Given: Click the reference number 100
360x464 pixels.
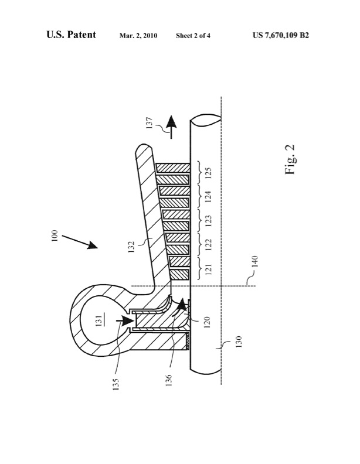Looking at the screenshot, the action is [x=55, y=236].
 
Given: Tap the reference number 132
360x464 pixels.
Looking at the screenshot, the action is [x=131, y=247].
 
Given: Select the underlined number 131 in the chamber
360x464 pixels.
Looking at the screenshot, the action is [x=99, y=320].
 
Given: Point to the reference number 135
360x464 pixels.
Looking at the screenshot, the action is [x=116, y=384].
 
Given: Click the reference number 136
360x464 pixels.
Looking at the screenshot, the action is [x=168, y=381].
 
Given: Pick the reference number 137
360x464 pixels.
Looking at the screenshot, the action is [x=150, y=123].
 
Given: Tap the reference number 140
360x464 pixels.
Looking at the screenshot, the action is [x=255, y=261].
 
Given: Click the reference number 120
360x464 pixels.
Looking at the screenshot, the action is [x=207, y=322].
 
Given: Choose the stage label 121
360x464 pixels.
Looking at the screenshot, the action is [x=208, y=269].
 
